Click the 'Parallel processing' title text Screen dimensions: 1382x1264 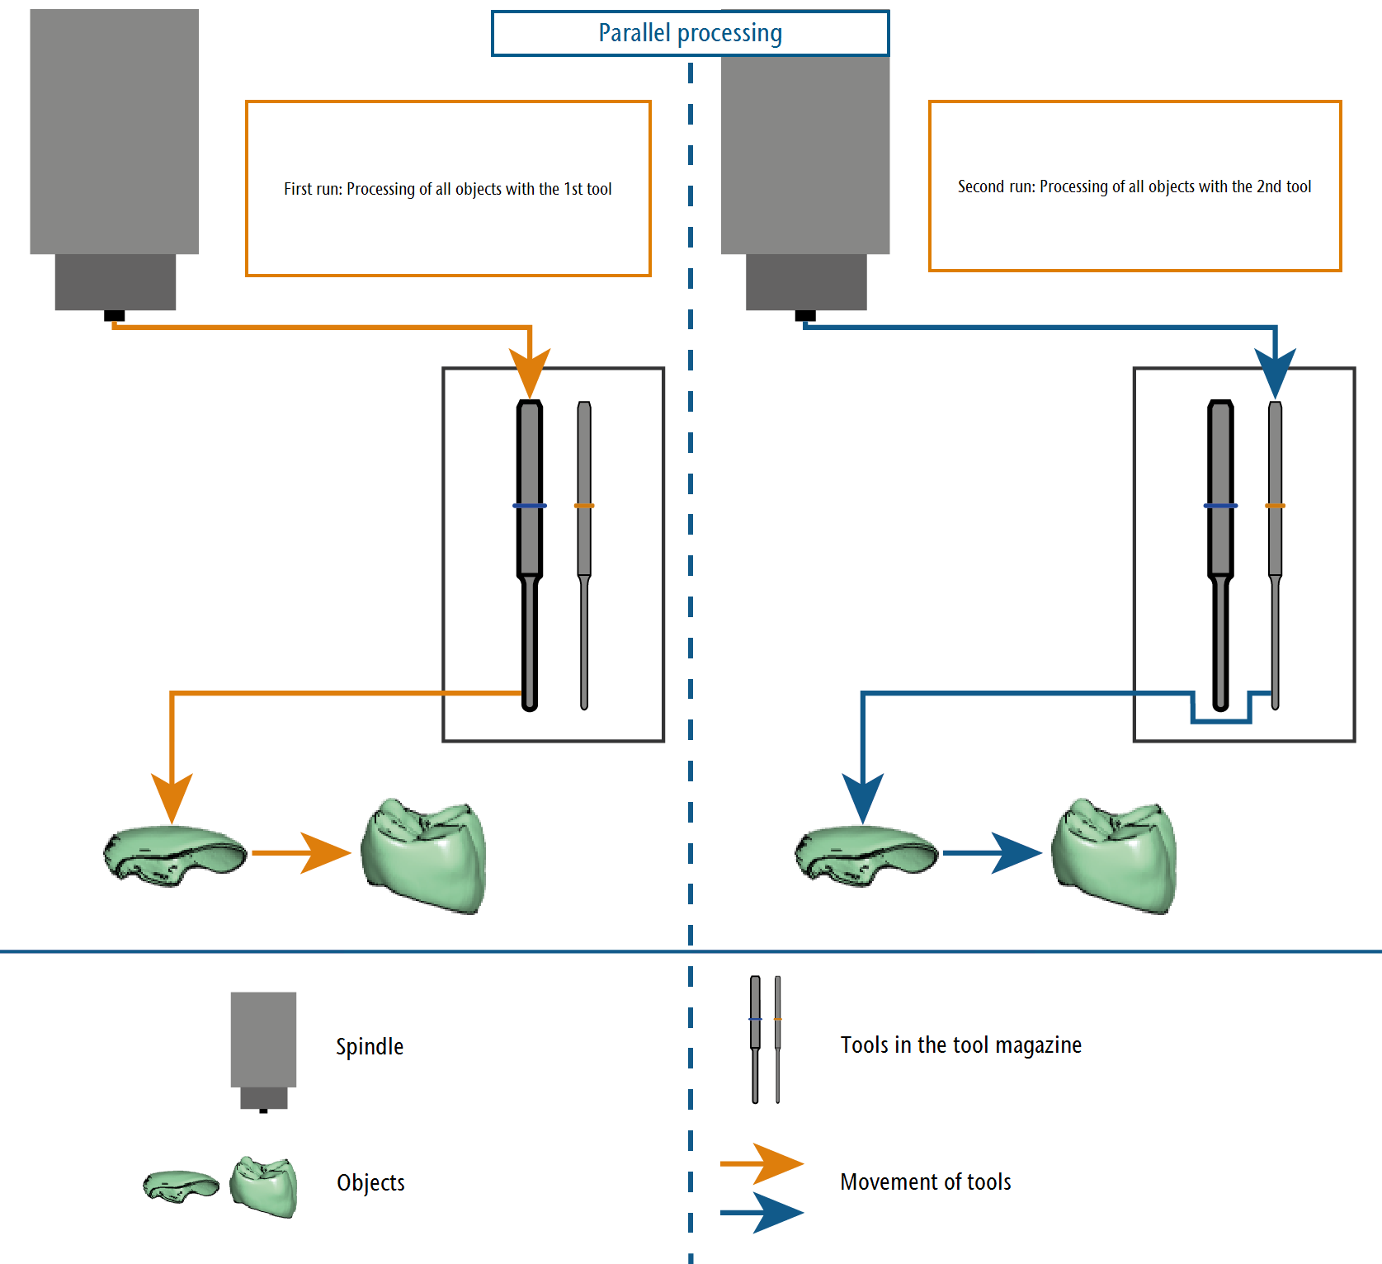[x=690, y=33]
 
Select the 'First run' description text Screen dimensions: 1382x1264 [x=448, y=189]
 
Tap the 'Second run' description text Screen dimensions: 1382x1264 [x=1134, y=186]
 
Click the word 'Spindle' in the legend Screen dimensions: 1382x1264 [x=370, y=1046]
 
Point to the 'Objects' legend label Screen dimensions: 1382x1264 [x=370, y=1182]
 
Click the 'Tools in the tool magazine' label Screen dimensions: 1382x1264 [x=960, y=1045]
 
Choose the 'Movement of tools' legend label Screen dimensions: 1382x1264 [x=926, y=1181]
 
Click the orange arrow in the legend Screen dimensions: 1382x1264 [x=762, y=1163]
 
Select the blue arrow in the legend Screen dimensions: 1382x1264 [x=762, y=1213]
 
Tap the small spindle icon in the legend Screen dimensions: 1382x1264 [x=263, y=1052]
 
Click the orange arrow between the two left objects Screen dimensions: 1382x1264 [x=301, y=853]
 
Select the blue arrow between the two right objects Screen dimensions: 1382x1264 [x=993, y=853]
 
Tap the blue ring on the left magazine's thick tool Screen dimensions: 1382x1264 [x=530, y=506]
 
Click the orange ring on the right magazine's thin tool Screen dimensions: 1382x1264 [x=1276, y=506]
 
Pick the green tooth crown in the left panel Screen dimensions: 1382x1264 [x=424, y=856]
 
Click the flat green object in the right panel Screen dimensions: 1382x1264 [x=866, y=856]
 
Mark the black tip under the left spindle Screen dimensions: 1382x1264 [x=115, y=316]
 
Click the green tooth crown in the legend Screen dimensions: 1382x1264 [x=263, y=1186]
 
